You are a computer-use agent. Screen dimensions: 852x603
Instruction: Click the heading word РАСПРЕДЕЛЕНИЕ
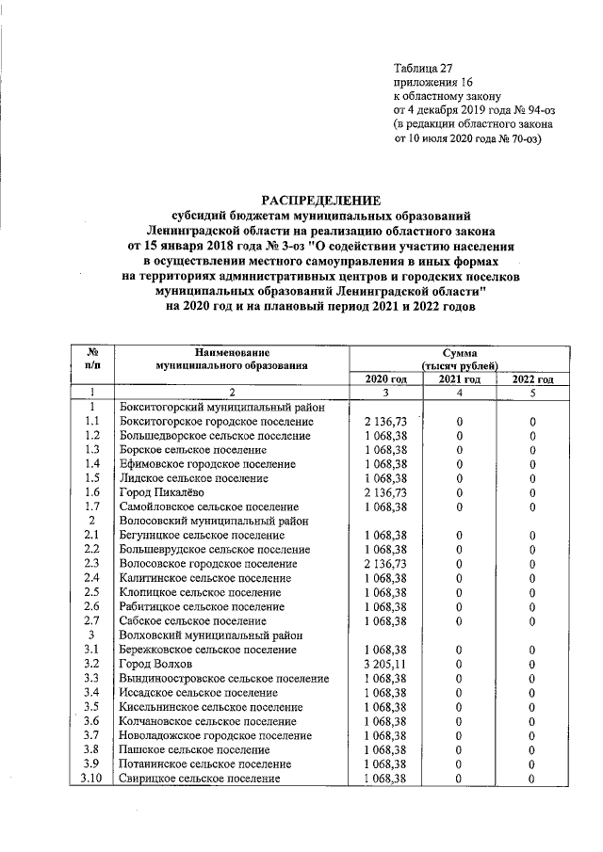pyautogui.click(x=320, y=200)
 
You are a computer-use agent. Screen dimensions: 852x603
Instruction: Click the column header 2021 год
pyautogui.click(x=460, y=378)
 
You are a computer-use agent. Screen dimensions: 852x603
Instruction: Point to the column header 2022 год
pyautogui.click(x=532, y=378)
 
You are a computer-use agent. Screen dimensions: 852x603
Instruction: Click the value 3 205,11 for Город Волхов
pyautogui.click(x=385, y=664)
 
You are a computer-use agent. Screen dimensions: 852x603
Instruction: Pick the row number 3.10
pyautogui.click(x=92, y=779)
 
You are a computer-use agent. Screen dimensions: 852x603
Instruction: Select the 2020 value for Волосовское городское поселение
pyautogui.click(x=385, y=564)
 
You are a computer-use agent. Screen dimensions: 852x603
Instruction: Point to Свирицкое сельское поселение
pyautogui.click(x=200, y=779)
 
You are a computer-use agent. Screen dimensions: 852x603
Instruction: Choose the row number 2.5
pyautogui.click(x=92, y=592)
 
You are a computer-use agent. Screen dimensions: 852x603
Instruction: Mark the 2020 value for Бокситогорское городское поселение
pyautogui.click(x=385, y=422)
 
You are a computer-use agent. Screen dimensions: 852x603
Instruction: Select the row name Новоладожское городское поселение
pyautogui.click(x=217, y=735)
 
